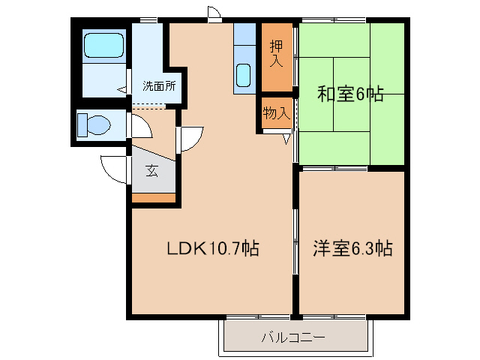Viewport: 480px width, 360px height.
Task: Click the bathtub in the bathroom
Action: point(103,45)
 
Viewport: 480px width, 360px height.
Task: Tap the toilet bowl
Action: point(98,125)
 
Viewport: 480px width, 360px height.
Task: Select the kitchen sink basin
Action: point(244,75)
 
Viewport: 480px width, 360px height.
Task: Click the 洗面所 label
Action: point(159,86)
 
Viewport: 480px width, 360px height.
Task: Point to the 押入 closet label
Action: point(277,53)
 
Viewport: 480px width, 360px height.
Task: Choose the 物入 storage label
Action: point(277,113)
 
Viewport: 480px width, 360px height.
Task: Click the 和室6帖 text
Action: point(350,94)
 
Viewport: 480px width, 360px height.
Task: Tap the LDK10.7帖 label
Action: point(213,248)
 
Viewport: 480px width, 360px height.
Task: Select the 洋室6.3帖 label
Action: point(352,248)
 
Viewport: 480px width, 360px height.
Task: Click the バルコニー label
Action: point(293,338)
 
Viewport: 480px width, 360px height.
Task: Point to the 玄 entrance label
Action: point(151,171)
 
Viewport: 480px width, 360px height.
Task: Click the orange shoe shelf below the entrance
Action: point(154,198)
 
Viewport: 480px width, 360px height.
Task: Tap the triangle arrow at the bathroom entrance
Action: point(121,90)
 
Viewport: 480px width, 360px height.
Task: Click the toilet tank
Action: point(82,125)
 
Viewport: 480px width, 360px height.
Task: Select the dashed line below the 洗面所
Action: point(149,106)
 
